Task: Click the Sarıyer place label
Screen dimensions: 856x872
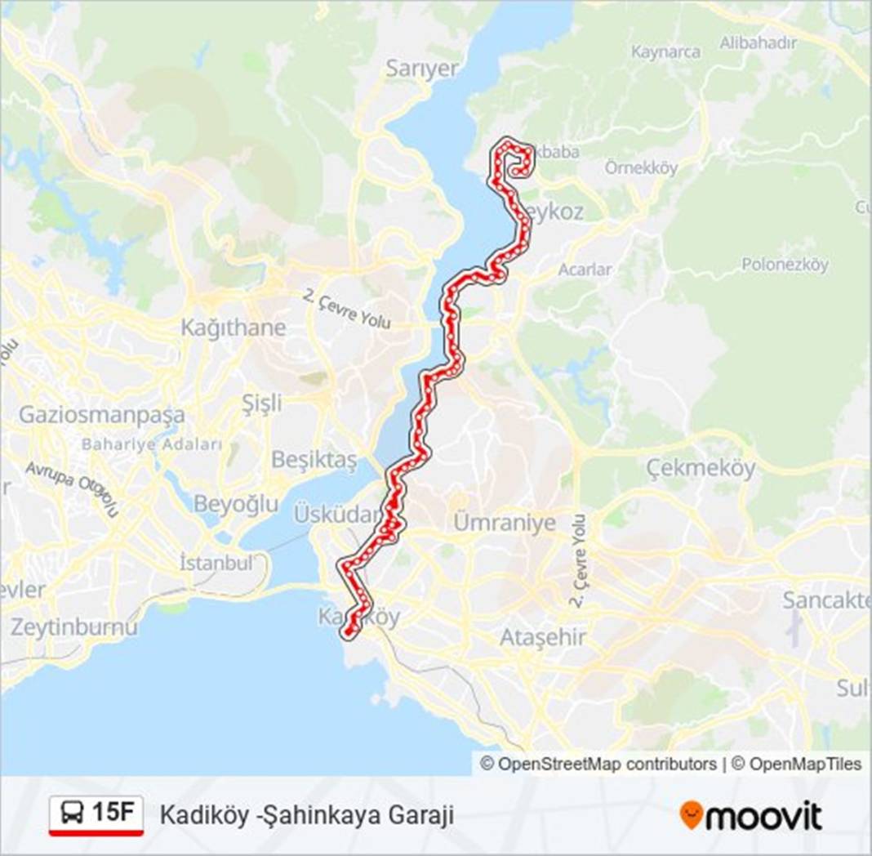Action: point(422,69)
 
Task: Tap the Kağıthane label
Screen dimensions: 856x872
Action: point(234,328)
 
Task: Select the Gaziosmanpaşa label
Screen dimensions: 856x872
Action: point(102,415)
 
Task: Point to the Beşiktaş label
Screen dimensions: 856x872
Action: point(314,461)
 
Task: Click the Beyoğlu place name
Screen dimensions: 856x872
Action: point(236,504)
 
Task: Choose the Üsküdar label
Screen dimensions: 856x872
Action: point(337,515)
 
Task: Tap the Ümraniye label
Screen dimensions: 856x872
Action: point(505,523)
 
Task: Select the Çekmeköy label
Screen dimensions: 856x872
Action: point(701,468)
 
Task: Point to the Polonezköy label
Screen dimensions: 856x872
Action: point(785,265)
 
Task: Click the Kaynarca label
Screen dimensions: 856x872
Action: point(666,51)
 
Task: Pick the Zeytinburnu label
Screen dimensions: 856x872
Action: point(74,627)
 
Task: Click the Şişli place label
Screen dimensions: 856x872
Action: point(262,403)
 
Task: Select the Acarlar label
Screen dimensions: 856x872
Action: point(585,270)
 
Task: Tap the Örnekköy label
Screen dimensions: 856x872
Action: point(642,168)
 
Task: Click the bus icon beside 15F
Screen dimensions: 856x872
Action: point(73,813)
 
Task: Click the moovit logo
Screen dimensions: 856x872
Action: point(750,814)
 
